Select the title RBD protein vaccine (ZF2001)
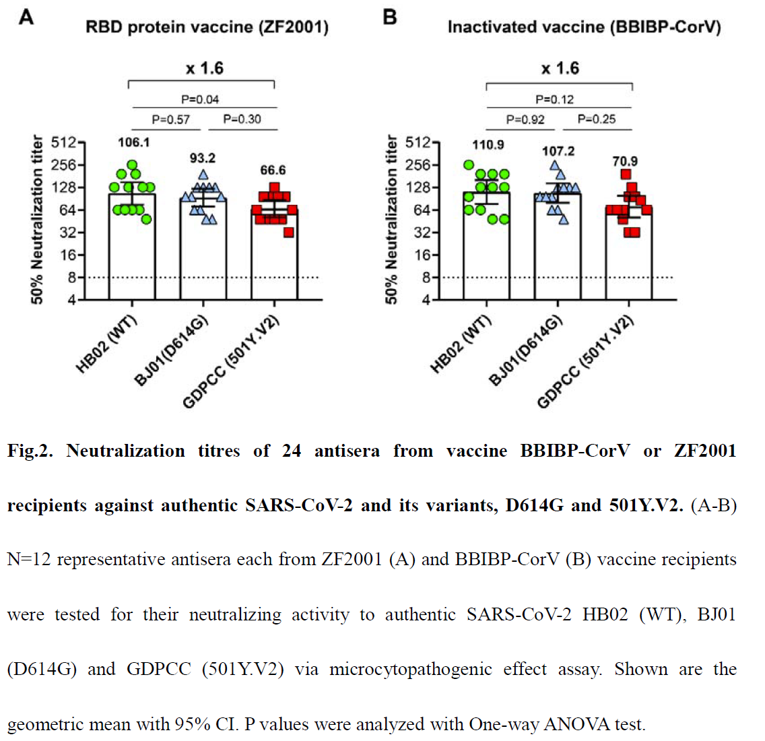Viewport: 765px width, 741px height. (207, 28)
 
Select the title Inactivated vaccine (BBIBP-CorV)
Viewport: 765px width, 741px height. (584, 28)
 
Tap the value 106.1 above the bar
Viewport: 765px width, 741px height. (133, 142)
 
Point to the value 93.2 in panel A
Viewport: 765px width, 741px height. (202, 158)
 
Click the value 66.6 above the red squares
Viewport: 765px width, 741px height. (273, 170)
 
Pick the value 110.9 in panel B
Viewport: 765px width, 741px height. (488, 145)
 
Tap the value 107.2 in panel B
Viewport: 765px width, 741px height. (558, 152)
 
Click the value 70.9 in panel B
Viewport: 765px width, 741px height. (625, 162)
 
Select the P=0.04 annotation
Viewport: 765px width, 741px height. (200, 100)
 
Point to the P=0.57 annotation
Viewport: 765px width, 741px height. (170, 120)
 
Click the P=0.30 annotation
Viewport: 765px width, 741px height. (242, 119)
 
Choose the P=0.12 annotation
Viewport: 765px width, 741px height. (554, 100)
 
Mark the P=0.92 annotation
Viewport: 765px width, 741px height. (525, 120)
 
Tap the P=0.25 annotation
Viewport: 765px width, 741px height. (597, 119)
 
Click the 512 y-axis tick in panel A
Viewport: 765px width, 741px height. (64, 143)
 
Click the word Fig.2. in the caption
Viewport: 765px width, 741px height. (30, 451)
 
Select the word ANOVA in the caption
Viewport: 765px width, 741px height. (572, 724)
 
